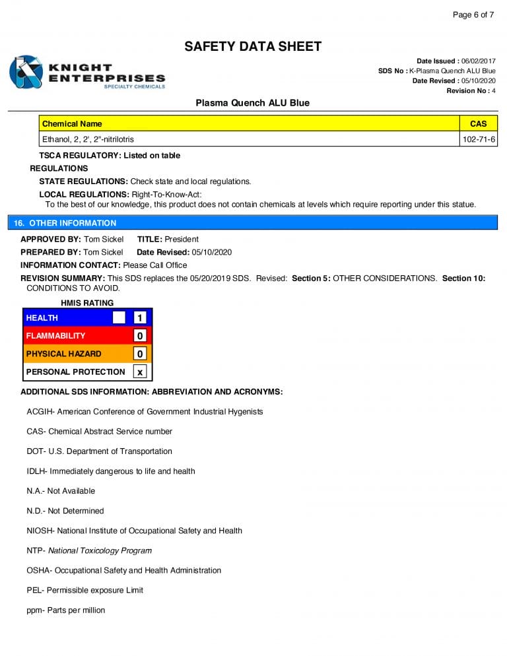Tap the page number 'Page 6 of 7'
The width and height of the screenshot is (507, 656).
tap(473, 15)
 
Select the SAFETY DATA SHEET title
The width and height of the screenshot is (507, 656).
tap(253, 46)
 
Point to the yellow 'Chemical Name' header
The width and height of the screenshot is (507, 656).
tap(72, 123)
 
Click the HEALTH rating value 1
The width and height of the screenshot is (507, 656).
tap(139, 318)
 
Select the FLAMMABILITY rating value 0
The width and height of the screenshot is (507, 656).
tap(139, 336)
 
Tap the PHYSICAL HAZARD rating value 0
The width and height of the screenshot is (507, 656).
tap(139, 354)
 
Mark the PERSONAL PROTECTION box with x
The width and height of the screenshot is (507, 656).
tap(139, 372)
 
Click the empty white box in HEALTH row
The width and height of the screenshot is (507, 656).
tap(119, 318)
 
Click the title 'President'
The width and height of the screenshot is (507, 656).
tap(182, 239)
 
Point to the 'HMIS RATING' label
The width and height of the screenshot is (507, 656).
tap(87, 303)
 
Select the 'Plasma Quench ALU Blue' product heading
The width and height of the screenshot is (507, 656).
tap(253, 103)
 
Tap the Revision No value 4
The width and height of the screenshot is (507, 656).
tap(493, 90)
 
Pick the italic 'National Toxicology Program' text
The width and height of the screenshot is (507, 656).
tap(100, 550)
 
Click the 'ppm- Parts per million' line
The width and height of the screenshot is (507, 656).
tap(66, 610)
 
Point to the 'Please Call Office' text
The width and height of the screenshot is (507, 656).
tap(155, 265)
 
